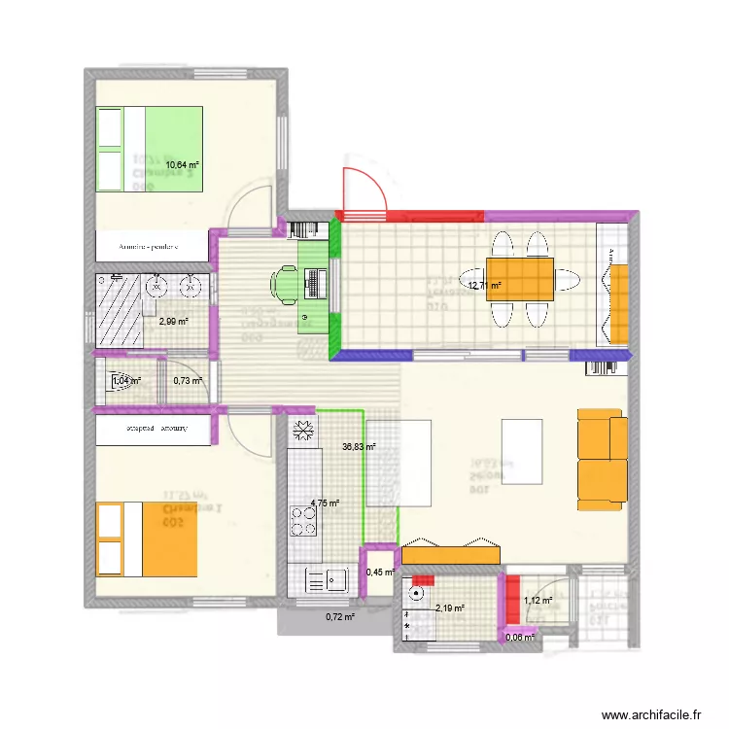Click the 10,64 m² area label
pyautogui.click(x=182, y=165)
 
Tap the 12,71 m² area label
pyautogui.click(x=484, y=286)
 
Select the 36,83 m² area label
pyautogui.click(x=359, y=447)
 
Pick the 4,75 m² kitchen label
pyautogui.click(x=325, y=503)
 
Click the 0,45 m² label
pyautogui.click(x=380, y=573)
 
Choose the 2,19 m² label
pyautogui.click(x=450, y=608)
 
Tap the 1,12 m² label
pyautogui.click(x=538, y=601)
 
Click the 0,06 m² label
pyautogui.click(x=521, y=638)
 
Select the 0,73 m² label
pyautogui.click(x=188, y=381)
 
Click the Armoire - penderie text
pyautogui.click(x=150, y=247)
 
